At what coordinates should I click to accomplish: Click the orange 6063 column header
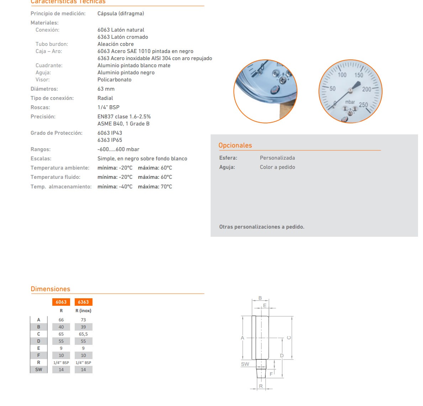[61, 302]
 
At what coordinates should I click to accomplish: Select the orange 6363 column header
[83, 302]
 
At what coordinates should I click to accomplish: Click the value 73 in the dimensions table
[83, 320]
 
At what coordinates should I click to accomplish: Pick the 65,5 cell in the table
[83, 334]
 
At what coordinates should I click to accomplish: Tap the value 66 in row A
[61, 320]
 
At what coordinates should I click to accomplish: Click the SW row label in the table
[39, 369]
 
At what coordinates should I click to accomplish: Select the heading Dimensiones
[51, 289]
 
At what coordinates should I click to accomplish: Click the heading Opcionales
[235, 145]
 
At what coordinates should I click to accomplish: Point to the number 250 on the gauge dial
[363, 105]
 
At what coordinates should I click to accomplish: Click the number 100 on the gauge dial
[342, 75]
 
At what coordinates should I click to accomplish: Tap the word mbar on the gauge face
[350, 102]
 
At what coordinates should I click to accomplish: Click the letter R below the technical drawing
[261, 386]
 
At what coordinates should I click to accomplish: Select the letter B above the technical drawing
[260, 298]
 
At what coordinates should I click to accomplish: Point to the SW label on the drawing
[245, 364]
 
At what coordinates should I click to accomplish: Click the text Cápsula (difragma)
[121, 14]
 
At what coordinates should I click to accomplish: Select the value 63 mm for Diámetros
[106, 89]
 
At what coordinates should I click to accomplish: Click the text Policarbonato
[115, 80]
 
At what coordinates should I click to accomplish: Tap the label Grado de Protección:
[57, 133]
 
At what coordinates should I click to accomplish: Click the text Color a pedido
[277, 167]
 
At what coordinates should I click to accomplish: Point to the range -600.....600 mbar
[118, 149]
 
